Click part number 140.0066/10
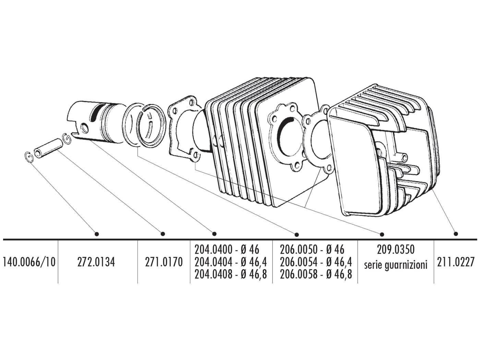pyautogui.click(x=29, y=262)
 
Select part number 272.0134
pyautogui.click(x=98, y=262)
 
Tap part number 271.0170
pyautogui.click(x=164, y=262)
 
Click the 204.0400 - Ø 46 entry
pyautogui.click(x=227, y=249)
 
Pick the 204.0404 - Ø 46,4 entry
pyautogui.click(x=231, y=262)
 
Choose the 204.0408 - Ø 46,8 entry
pyautogui.click(x=231, y=274)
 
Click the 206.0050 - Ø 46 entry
pyautogui.click(x=312, y=249)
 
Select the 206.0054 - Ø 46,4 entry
pyautogui.click(x=316, y=262)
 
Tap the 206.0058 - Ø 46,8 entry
pyautogui.click(x=316, y=274)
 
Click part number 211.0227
pyautogui.click(x=456, y=262)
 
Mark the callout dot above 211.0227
pyautogui.click(x=456, y=234)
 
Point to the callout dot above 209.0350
pyautogui.click(x=382, y=234)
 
